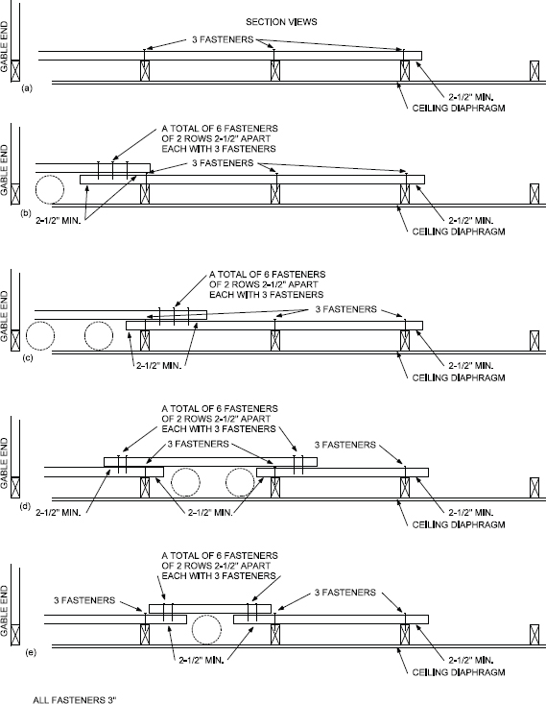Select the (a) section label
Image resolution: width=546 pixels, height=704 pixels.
(x=27, y=87)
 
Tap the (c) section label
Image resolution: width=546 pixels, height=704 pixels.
(x=27, y=357)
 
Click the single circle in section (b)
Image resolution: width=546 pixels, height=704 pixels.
(x=49, y=189)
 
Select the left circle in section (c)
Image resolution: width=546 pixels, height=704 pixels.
(x=41, y=338)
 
